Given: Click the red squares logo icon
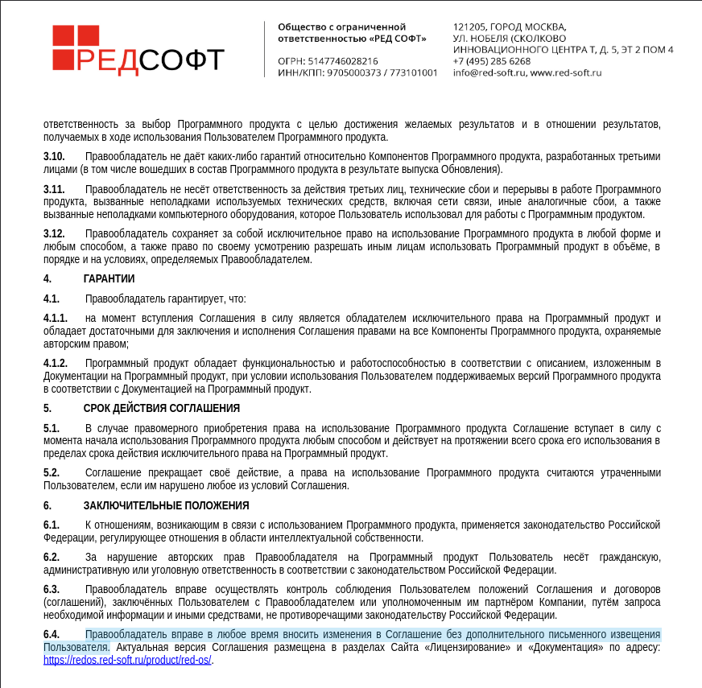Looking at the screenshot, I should pyautogui.click(x=76, y=47).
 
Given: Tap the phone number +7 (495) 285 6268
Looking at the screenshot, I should pyautogui.click(x=491, y=61).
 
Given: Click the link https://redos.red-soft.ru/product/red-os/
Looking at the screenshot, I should pyautogui.click(x=127, y=661).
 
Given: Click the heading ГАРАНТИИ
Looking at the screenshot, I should pyautogui.click(x=109, y=278).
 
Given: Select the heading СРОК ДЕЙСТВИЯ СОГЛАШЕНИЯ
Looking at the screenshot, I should pyautogui.click(x=161, y=408).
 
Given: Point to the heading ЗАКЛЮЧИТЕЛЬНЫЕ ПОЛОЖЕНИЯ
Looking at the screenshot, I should pyautogui.click(x=166, y=505).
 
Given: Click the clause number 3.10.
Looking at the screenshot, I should pyautogui.click(x=54, y=156).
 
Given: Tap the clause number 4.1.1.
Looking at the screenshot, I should pyautogui.click(x=56, y=319).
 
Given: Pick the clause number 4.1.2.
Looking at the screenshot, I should pyautogui.click(x=56, y=364).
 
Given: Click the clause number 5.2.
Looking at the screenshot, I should pyautogui.click(x=52, y=473).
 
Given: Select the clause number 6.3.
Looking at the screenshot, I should pyautogui.click(x=52, y=590).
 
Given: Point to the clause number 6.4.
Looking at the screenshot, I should pyautogui.click(x=52, y=635).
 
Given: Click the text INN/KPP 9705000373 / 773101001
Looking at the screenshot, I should pyautogui.click(x=357, y=72).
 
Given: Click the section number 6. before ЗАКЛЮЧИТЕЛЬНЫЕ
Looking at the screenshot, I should pyautogui.click(x=47, y=505).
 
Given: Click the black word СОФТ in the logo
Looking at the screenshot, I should pyautogui.click(x=182, y=60).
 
